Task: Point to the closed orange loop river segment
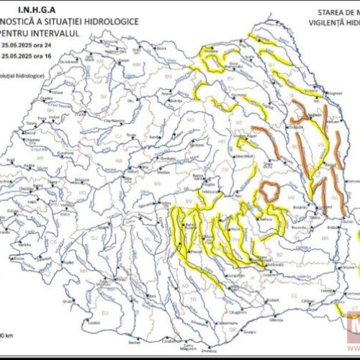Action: coord(270,191)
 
